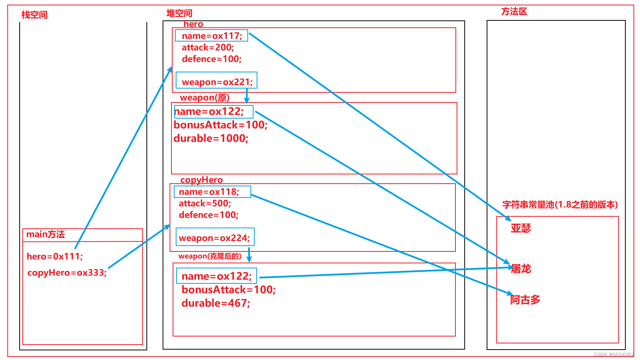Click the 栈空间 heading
pyautogui.click(x=35, y=15)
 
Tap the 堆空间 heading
pyautogui.click(x=180, y=13)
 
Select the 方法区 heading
pyautogui.click(x=514, y=12)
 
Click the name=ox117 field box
pyautogui.click(x=212, y=35)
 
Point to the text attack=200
pyautogui.click(x=208, y=47)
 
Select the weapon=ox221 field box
pyautogui.click(x=216, y=80)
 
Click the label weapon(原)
pyautogui.click(x=205, y=97)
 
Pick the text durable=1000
pyautogui.click(x=211, y=138)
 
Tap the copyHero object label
pyautogui.click(x=202, y=180)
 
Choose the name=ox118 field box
pyautogui.click(x=212, y=192)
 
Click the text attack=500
pyautogui.click(x=205, y=203)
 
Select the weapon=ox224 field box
pyautogui.click(x=215, y=237)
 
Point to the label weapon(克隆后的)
pyautogui.click(x=210, y=256)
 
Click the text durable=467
pyautogui.click(x=216, y=303)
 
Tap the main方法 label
pyautogui.click(x=45, y=234)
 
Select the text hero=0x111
pyautogui.click(x=55, y=256)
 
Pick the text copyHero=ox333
pyautogui.click(x=67, y=273)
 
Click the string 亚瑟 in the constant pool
pyautogui.click(x=521, y=228)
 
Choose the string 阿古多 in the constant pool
pyautogui.click(x=525, y=300)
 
